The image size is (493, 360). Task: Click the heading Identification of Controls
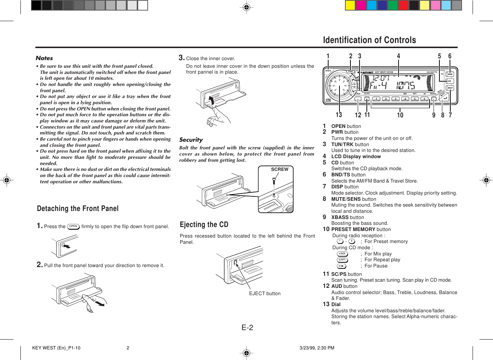(369, 40)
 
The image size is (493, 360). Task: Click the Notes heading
(44, 58)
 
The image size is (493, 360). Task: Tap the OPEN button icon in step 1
(73, 226)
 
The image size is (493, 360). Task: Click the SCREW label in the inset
(279, 169)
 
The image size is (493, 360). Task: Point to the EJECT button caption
(265, 294)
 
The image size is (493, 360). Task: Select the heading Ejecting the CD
(204, 224)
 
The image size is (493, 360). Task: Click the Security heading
(191, 140)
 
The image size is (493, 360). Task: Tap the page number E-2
(247, 328)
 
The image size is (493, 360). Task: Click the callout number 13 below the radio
(339, 115)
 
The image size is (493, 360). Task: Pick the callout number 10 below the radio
(400, 116)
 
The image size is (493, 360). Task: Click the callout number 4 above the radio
(398, 56)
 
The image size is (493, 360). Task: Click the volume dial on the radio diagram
(339, 86)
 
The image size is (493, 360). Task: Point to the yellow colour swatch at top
(350, 5)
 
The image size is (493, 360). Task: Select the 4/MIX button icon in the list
(342, 254)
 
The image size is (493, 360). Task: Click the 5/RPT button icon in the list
(342, 260)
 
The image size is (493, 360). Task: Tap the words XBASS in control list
(340, 218)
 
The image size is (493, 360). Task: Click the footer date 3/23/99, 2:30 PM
(317, 348)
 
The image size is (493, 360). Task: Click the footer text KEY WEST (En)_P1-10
(56, 348)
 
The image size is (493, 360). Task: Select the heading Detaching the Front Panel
(78, 209)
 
